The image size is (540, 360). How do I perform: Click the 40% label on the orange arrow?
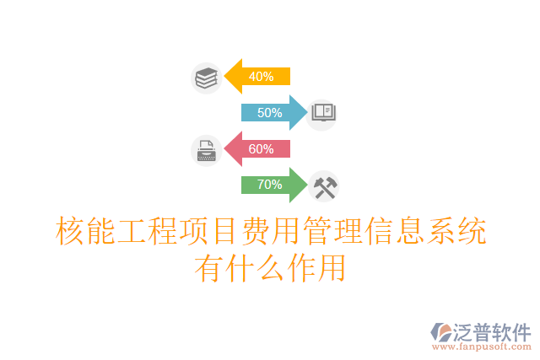pyautogui.click(x=261, y=77)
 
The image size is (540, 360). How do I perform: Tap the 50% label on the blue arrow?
pyautogui.click(x=269, y=113)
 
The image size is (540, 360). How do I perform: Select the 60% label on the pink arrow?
pyautogui.click(x=261, y=149)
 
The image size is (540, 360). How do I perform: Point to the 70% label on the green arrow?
pyautogui.click(x=269, y=185)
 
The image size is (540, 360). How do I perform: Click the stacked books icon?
pyautogui.click(x=206, y=78)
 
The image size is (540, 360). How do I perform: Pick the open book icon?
pyautogui.click(x=324, y=113)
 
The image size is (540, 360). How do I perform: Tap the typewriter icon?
pyautogui.click(x=206, y=150)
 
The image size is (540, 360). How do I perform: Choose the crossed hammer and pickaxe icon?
pyautogui.click(x=324, y=186)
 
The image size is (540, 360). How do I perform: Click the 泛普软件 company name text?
pyautogui.click(x=493, y=331)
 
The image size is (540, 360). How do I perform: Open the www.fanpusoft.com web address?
pyautogui.click(x=481, y=346)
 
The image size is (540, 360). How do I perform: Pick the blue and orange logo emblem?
pyautogui.click(x=440, y=331)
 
